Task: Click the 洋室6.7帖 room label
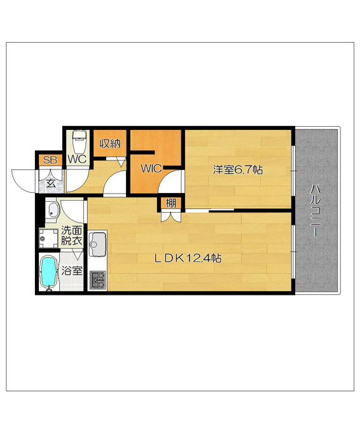237,169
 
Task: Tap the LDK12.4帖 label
188,258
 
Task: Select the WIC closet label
151,169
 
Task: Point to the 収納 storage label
110,144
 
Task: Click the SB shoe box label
50,160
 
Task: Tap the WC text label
77,159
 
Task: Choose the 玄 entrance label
50,183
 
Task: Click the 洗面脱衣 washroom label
71,236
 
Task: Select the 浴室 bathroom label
72,271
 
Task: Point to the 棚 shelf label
171,203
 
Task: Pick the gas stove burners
98,280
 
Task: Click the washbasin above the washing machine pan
52,210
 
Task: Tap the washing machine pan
48,238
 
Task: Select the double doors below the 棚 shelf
170,216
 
